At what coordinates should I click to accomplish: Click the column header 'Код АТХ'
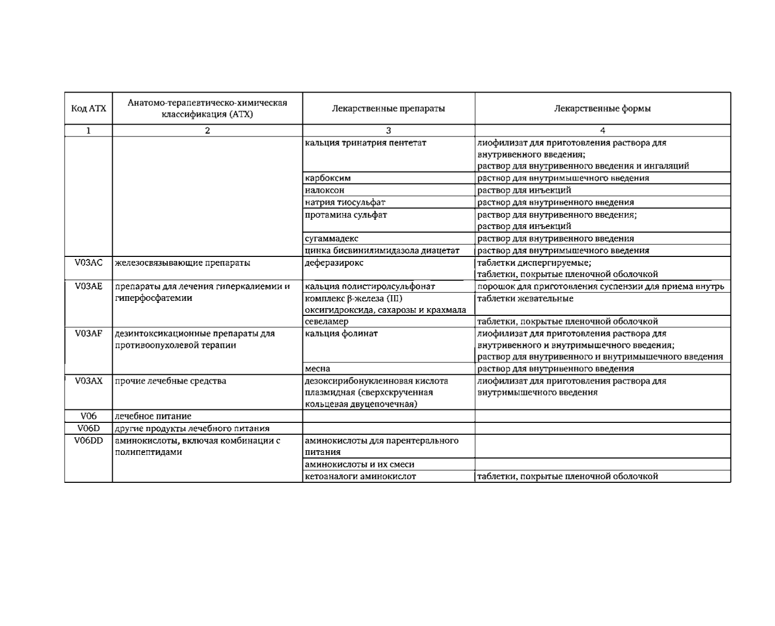88,109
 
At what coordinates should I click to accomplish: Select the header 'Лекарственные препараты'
388,109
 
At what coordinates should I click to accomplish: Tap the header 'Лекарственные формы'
602,109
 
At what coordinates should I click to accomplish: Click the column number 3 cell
388,131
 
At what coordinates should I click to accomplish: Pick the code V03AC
88,263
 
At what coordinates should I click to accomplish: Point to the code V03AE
88,286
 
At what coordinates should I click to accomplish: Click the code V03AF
88,333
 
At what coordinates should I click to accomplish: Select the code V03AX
88,381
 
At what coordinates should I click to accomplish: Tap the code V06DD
88,440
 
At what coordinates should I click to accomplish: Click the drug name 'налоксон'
325,190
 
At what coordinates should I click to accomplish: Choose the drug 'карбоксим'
328,178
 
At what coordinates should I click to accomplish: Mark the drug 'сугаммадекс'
331,239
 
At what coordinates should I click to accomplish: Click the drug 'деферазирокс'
334,263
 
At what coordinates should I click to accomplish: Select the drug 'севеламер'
327,322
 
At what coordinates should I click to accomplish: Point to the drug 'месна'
317,369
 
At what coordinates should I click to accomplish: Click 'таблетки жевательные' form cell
525,299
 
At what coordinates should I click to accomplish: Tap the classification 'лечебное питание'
153,416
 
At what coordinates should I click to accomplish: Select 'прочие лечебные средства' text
171,381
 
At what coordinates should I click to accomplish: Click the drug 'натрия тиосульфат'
345,202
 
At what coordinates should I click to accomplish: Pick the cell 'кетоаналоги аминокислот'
360,477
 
